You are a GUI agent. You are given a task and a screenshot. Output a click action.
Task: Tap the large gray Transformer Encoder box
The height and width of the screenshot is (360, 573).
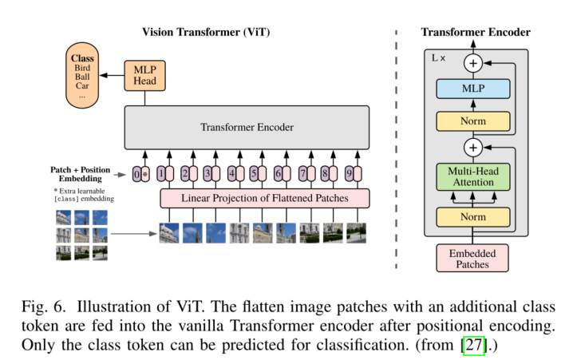click(x=246, y=127)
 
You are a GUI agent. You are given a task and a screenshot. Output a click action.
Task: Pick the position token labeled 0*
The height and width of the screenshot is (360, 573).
click(x=141, y=172)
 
